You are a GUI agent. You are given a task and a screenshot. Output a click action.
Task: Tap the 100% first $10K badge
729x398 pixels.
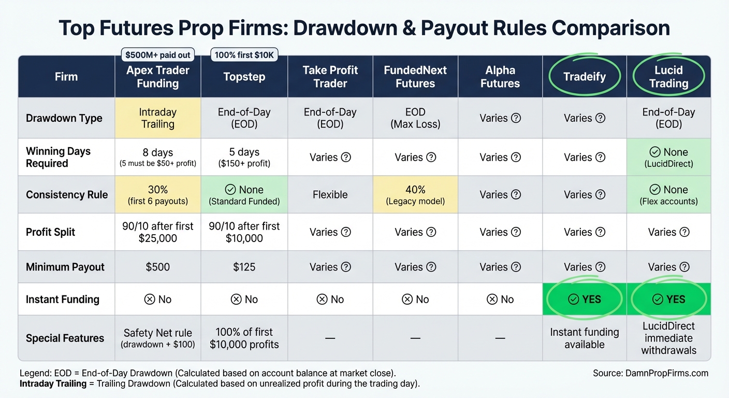244,55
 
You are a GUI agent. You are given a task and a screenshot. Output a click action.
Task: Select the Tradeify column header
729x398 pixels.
585,77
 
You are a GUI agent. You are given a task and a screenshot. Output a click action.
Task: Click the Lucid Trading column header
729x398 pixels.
668,77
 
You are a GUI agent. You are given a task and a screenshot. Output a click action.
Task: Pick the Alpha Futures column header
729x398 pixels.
500,77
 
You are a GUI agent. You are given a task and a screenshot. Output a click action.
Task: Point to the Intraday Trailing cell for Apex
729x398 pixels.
157,118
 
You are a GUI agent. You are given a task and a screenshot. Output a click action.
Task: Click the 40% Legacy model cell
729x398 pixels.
415,195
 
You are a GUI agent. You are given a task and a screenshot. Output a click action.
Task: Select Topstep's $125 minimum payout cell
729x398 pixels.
244,267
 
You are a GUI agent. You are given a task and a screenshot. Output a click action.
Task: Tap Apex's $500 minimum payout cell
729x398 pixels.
157,267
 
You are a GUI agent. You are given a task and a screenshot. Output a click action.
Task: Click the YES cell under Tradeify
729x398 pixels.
585,299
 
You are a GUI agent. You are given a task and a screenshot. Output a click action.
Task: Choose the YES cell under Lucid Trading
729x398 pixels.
668,299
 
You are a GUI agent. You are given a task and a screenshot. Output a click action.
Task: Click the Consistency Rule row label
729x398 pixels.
67,195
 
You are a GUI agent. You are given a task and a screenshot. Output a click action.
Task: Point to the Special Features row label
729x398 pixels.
65,338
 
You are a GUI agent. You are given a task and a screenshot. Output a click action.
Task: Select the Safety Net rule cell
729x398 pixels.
157,338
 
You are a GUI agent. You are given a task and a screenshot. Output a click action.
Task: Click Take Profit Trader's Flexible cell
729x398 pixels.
330,195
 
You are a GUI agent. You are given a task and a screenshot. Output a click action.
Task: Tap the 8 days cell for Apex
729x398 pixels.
157,157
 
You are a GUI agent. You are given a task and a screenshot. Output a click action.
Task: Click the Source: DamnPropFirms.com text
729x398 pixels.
650,373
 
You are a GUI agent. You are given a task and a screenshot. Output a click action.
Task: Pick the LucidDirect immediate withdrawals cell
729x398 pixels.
668,338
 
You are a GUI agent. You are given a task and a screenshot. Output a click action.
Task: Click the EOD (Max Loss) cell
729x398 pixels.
415,118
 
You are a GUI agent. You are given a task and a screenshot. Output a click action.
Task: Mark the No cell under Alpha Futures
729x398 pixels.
500,299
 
